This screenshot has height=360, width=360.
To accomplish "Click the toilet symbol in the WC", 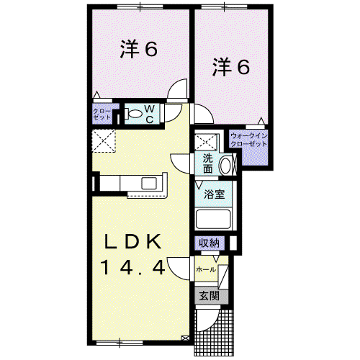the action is tap(133, 113).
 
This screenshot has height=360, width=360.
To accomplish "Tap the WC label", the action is tap(150, 114).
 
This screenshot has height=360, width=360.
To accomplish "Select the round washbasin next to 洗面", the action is tap(225, 165).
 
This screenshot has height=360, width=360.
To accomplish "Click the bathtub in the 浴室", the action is tap(213, 219).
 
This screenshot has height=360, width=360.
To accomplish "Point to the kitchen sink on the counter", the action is tap(149, 184).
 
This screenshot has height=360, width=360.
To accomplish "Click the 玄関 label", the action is tap(210, 296).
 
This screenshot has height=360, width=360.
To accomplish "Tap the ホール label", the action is tap(206, 270).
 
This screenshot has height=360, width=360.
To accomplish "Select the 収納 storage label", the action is tap(209, 243).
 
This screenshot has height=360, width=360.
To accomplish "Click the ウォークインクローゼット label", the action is tap(248, 140).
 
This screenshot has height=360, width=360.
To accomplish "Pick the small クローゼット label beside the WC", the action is tap(102, 114).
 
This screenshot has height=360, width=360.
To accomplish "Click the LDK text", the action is tap(132, 242).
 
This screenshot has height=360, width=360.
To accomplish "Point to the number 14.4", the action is tap(132, 267).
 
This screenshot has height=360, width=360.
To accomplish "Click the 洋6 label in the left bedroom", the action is tap(139, 49).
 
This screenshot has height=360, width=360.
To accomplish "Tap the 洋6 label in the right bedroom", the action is tap(231, 68).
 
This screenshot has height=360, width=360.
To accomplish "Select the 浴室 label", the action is tap(214, 194).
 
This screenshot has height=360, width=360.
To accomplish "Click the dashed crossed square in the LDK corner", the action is tap(104, 140).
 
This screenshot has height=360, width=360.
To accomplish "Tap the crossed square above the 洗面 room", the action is tap(206, 142).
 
